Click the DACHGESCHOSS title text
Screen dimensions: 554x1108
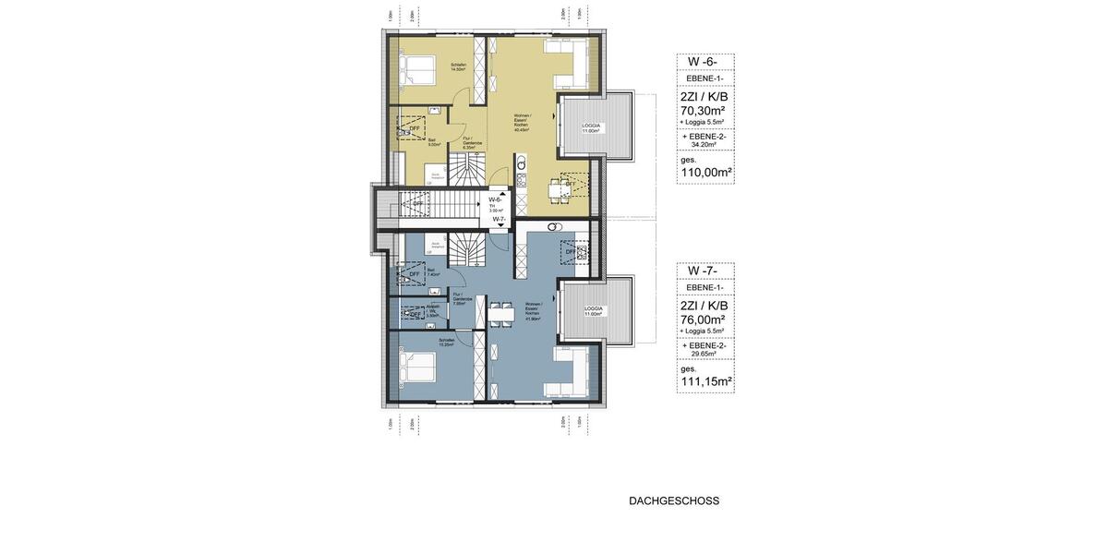674,501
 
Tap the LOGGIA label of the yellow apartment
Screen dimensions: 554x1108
591,126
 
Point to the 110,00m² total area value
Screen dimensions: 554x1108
705,172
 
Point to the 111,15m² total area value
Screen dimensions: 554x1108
705,380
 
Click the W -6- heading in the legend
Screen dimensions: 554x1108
705,62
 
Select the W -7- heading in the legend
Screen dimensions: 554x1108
705,271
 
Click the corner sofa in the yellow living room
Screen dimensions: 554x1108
572,60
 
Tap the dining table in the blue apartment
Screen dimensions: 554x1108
502,314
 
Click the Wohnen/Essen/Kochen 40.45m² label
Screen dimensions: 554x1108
522,125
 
